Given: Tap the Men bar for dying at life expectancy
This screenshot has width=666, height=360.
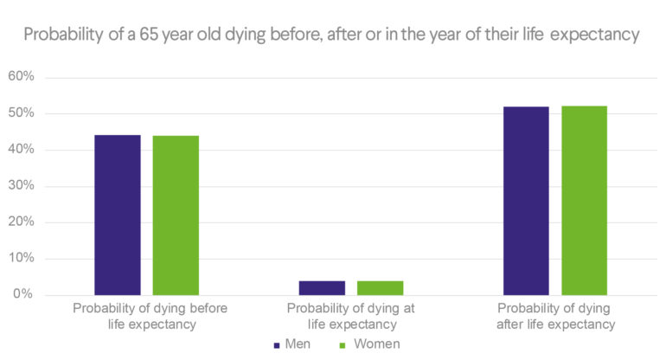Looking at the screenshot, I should pyautogui.click(x=323, y=287).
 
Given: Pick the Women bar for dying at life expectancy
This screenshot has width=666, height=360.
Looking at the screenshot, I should pyautogui.click(x=381, y=287).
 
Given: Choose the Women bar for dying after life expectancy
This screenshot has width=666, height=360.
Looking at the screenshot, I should pyautogui.click(x=585, y=200).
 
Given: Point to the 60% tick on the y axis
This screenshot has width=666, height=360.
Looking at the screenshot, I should pyautogui.click(x=21, y=77).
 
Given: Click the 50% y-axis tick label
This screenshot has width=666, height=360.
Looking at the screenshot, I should pyautogui.click(x=21, y=113).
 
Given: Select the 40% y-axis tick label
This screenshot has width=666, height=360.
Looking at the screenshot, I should pyautogui.click(x=21, y=150).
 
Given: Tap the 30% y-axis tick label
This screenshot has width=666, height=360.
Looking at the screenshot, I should pyautogui.click(x=21, y=186).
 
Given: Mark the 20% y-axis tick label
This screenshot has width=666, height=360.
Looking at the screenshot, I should pyautogui.click(x=21, y=222).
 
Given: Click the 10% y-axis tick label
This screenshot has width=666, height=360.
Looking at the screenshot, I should pyautogui.click(x=21, y=259).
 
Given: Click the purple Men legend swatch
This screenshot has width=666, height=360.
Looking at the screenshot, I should pyautogui.click(x=276, y=344).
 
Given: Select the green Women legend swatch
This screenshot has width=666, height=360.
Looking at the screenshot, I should pyautogui.click(x=342, y=344).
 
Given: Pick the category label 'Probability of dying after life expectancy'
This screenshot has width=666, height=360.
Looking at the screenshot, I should pyautogui.click(x=555, y=316).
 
